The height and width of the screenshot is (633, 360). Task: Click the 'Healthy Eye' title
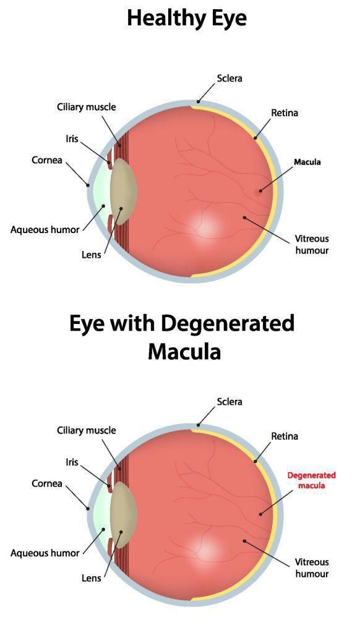coord(187,18)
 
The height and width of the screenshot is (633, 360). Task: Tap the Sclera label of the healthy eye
coord(229,78)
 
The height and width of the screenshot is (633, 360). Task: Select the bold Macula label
coord(307,162)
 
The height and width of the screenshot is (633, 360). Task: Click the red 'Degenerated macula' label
coord(312,480)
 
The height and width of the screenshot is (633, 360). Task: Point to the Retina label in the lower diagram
coord(285,436)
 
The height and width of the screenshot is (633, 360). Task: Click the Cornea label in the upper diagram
coord(47,160)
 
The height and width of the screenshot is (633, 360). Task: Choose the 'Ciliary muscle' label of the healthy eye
coord(86,107)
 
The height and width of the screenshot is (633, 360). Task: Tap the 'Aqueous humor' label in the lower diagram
coord(45,553)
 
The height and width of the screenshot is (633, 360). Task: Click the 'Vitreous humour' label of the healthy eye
coord(312,245)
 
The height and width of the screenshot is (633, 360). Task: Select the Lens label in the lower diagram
coord(92,578)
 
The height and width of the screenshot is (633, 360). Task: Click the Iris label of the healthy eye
coord(72,138)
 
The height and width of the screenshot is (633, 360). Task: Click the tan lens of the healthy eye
coord(123,191)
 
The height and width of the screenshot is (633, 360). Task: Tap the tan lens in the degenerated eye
coord(123,514)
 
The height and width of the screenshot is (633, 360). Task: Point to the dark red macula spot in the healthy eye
coord(260,190)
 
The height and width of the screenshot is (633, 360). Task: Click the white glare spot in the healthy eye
coord(206,226)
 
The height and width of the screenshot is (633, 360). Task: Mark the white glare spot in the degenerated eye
coord(206,550)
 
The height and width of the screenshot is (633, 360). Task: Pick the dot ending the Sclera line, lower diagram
coord(199,425)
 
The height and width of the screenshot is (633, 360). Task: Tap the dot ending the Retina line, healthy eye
coord(255,138)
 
